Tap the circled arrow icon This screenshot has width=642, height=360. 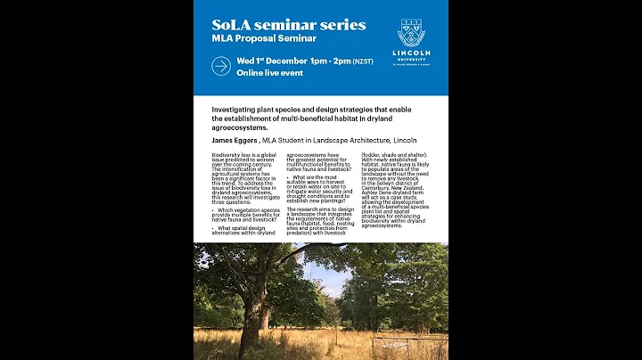[x=221, y=66]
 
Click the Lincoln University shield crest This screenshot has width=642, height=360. [x=411, y=34]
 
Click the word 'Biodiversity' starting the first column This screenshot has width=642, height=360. [x=226, y=155]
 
